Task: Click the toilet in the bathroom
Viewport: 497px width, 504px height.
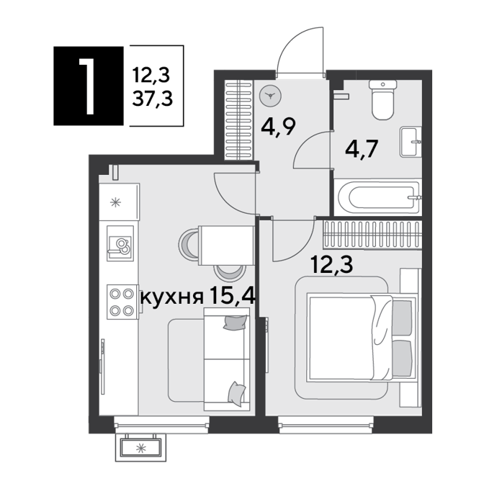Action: tap(382, 100)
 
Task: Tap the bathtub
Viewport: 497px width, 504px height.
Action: tap(377, 197)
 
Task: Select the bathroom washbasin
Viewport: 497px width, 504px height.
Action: tap(411, 142)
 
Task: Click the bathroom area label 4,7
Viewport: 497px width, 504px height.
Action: tap(361, 149)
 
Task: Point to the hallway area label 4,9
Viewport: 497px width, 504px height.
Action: tap(278, 127)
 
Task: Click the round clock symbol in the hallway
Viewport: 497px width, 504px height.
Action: tap(270, 96)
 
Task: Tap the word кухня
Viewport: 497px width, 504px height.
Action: tap(172, 297)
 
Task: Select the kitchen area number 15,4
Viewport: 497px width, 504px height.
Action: tap(232, 296)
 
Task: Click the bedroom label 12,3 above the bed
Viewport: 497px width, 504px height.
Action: tap(332, 265)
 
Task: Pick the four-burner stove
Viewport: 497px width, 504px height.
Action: tap(122, 302)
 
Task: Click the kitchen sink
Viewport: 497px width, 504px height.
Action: tap(120, 243)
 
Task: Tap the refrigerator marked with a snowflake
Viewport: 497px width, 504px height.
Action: tap(119, 202)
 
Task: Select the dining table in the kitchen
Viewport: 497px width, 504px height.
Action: tap(226, 246)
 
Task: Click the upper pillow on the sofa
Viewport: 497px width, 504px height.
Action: tap(236, 323)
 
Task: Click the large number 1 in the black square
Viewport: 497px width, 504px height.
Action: tap(88, 86)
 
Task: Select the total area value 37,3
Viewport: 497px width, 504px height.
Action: tap(153, 98)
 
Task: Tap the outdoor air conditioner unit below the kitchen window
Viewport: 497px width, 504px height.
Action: tap(140, 448)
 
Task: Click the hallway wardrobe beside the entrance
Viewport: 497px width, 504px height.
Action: tap(238, 120)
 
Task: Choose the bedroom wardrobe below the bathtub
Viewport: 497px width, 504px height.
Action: tap(372, 235)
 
